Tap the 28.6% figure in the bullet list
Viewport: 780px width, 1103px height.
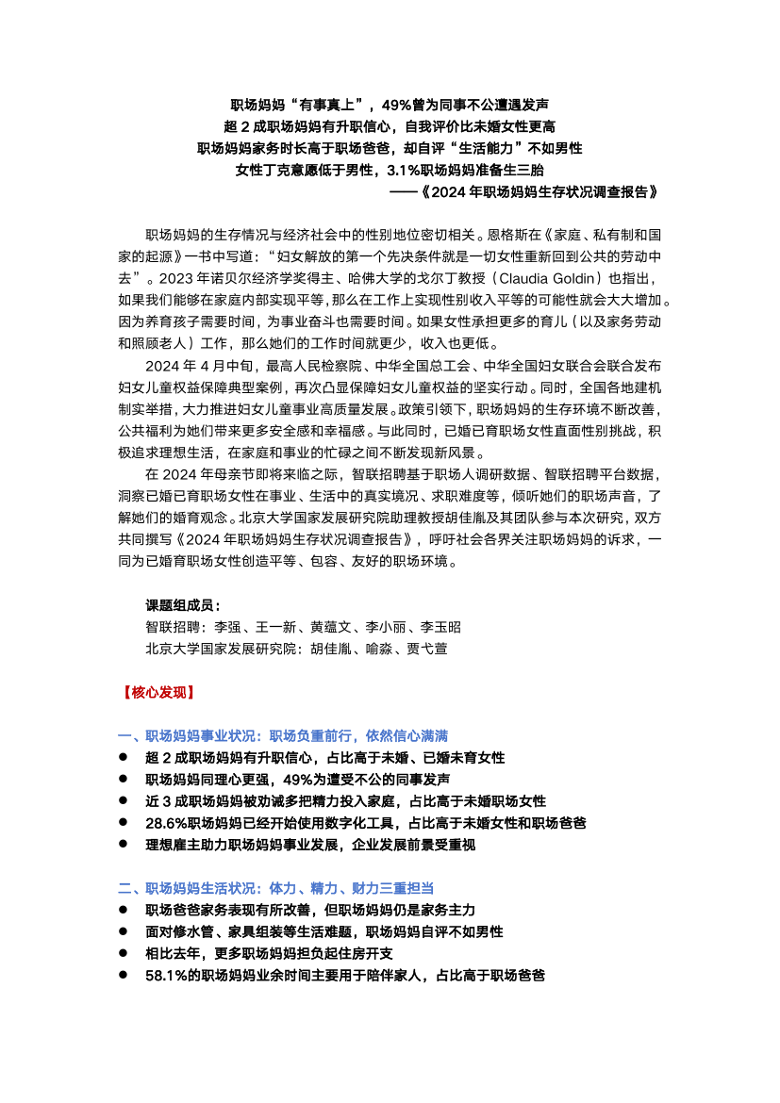(167, 823)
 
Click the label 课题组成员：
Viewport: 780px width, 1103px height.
(183, 604)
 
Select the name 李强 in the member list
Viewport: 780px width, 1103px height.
(228, 627)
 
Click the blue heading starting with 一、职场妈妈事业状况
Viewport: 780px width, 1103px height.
(283, 735)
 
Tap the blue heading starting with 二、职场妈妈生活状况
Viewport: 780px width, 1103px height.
(275, 889)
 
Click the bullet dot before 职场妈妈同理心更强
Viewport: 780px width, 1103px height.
(123, 780)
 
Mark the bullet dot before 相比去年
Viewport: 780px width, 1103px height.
(123, 954)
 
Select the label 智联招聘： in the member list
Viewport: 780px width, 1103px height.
(176, 627)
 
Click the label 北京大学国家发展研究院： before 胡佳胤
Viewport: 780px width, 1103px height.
(222, 649)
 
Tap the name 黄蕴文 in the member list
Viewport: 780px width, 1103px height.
(330, 627)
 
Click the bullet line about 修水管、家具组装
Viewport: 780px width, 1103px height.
(324, 932)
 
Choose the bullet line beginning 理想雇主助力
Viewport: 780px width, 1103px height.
(310, 845)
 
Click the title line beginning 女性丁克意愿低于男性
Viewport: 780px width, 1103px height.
(390, 171)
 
